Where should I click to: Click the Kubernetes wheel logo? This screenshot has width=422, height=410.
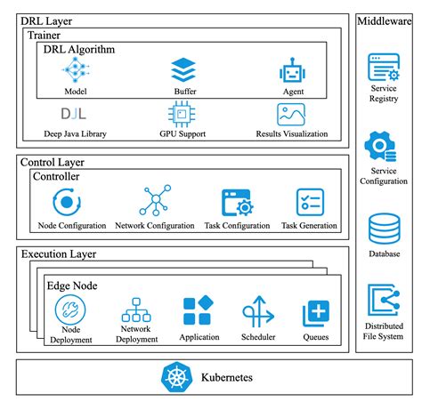174,377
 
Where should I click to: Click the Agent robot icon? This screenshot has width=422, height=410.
292,70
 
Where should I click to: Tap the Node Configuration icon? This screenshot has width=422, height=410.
72,202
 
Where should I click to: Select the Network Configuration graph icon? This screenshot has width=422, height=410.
154,201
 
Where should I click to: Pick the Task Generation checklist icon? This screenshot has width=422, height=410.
310,201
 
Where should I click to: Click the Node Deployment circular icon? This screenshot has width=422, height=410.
71,311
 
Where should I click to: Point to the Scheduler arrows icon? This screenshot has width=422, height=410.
257,312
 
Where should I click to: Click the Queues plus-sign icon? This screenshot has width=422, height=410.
316,312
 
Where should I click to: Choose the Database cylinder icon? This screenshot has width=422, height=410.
385,229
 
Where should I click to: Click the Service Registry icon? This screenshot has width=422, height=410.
385,68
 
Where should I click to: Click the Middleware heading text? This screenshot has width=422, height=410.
385,20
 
